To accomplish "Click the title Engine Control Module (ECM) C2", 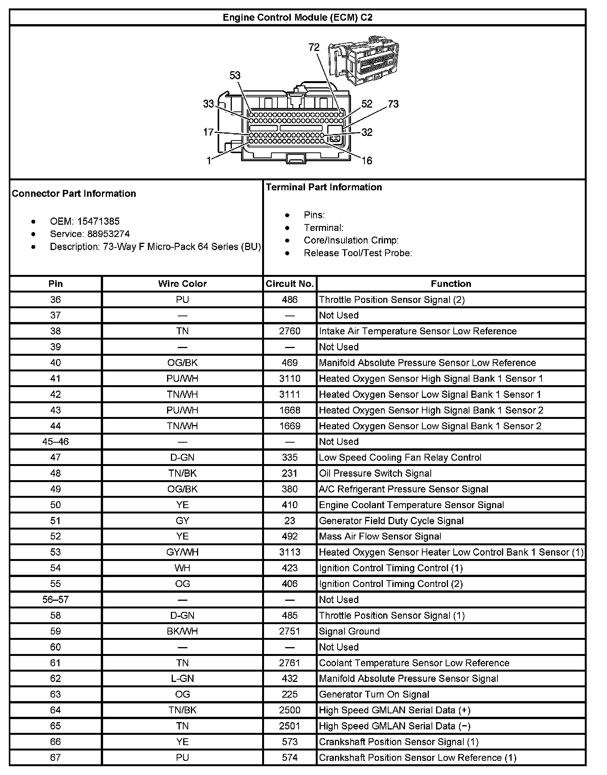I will [297, 18].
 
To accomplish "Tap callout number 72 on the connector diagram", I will [314, 47].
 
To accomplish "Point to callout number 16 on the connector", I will [367, 160].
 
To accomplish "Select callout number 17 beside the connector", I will [208, 132].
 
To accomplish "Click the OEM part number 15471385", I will [98, 221].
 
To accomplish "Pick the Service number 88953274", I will [108, 234].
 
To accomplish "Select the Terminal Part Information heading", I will [324, 187].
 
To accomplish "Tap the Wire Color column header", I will [182, 284].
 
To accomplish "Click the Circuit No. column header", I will [290, 284].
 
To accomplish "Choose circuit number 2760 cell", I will [290, 331].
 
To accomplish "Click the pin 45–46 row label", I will [56, 442].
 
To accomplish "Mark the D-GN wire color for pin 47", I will [182, 458].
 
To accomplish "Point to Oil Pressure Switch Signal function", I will [375, 473].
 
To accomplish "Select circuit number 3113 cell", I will [290, 552].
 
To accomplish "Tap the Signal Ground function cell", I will [349, 631].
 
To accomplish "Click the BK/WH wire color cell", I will [182, 631].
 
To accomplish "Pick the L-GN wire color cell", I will [182, 679].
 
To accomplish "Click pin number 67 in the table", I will [56, 758].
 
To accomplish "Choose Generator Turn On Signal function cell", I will [374, 695].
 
